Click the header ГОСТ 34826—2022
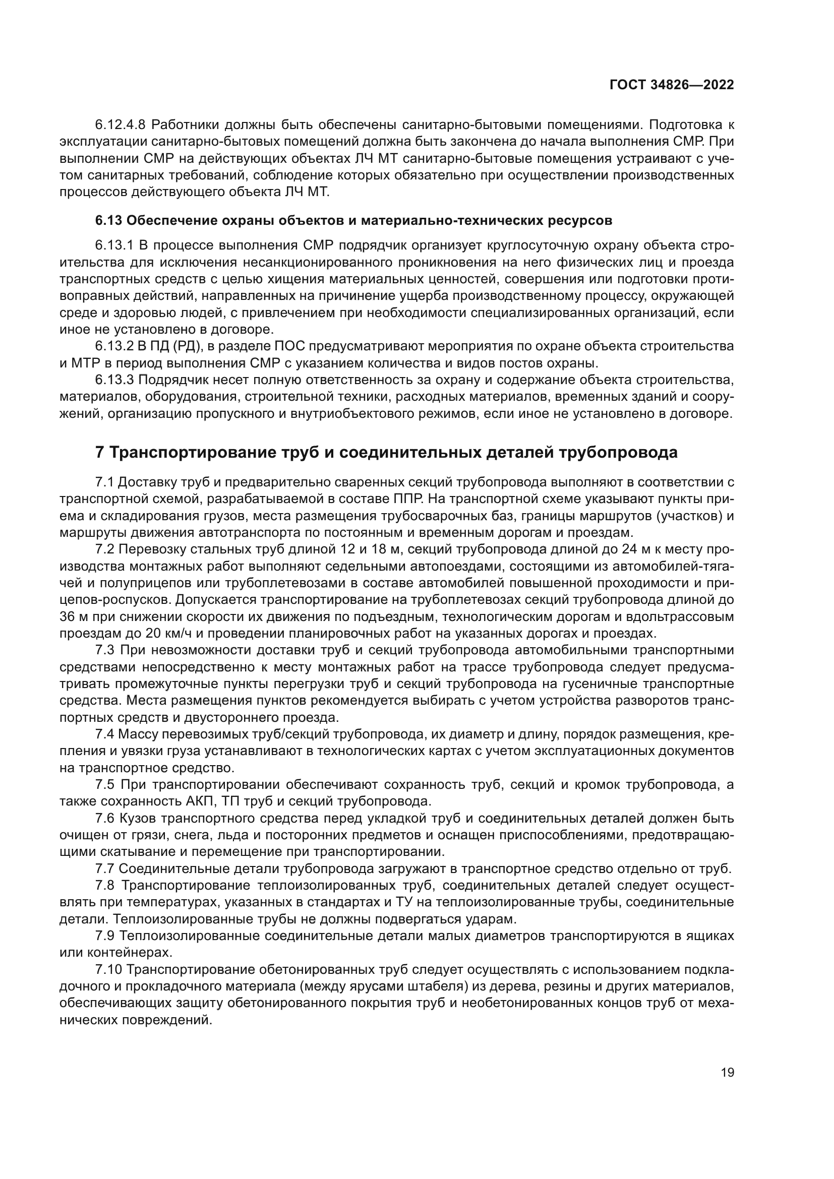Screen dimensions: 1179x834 coord(671,85)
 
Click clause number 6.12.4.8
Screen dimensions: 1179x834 coord(121,125)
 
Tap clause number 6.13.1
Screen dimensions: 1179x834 coord(114,245)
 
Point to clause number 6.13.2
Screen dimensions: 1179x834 coord(114,346)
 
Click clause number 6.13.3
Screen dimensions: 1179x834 coord(114,380)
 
